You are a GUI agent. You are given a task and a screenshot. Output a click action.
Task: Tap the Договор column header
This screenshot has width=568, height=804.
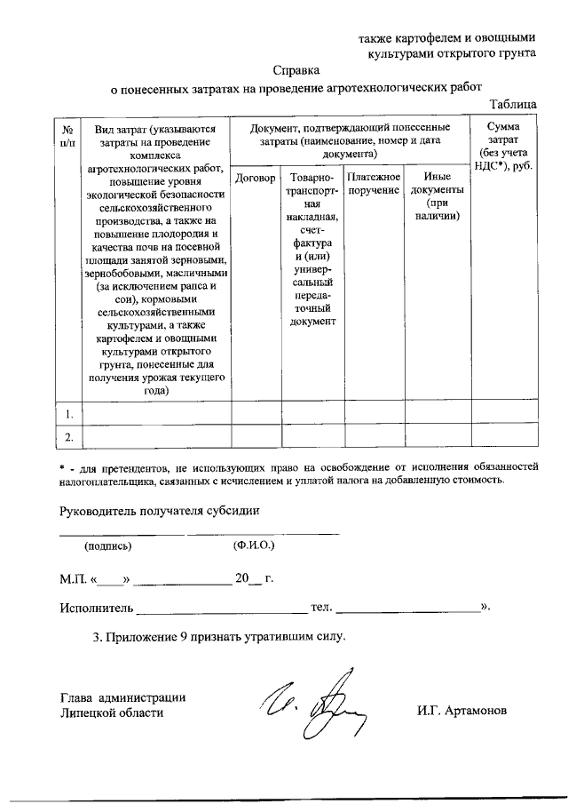(x=256, y=178)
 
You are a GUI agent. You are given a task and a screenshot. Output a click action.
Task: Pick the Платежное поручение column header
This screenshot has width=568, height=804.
(x=374, y=184)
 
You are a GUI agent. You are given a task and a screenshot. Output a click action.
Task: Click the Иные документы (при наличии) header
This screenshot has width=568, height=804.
(x=437, y=196)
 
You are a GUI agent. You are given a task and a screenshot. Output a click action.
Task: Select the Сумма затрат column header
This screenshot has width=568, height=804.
(x=504, y=147)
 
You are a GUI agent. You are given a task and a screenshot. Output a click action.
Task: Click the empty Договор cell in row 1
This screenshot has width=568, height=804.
(x=256, y=413)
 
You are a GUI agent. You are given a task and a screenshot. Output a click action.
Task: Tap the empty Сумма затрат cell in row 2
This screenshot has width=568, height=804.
(x=504, y=437)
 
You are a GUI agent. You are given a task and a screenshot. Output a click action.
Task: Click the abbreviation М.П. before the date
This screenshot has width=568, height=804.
(x=74, y=579)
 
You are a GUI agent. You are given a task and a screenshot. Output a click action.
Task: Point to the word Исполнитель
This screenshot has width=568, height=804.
(x=96, y=608)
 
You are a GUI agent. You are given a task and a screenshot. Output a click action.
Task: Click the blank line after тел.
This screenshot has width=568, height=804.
(x=408, y=609)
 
